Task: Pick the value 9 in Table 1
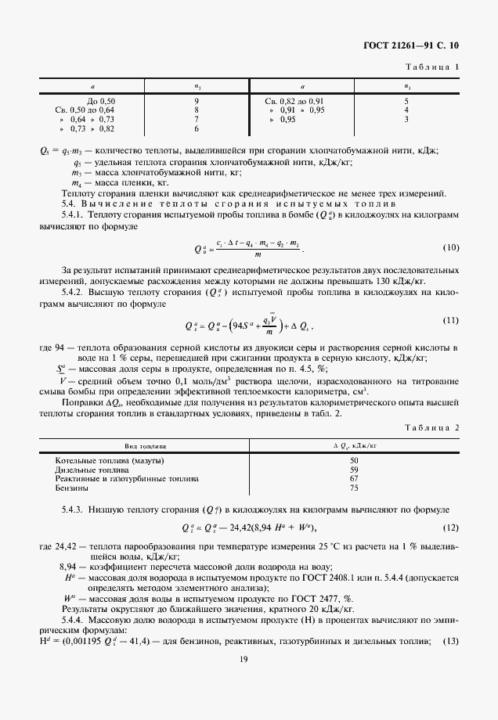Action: (x=197, y=101)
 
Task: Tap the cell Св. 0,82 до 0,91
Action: (x=294, y=101)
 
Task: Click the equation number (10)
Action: (x=451, y=248)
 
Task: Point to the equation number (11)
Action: (x=451, y=320)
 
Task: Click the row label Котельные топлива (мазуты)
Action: (x=105, y=461)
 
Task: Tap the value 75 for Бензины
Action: (x=354, y=488)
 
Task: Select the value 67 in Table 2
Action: (x=354, y=479)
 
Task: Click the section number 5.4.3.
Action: (x=72, y=509)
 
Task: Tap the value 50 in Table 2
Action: (x=354, y=461)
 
